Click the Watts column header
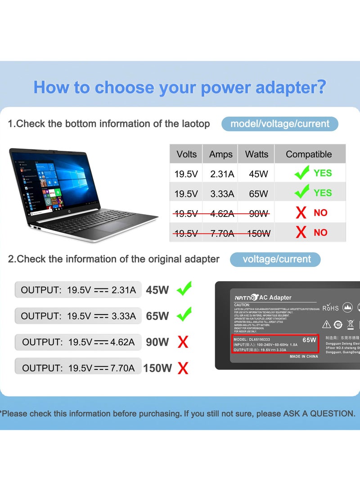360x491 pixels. [x=256, y=154]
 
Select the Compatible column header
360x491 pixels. [x=309, y=154]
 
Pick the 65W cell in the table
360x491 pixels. [x=258, y=194]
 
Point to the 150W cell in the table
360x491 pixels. [x=258, y=233]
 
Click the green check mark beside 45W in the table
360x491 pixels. [x=301, y=172]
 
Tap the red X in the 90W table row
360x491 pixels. [x=301, y=213]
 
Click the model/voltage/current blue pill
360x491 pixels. [x=279, y=124]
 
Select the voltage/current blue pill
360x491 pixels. [x=275, y=259]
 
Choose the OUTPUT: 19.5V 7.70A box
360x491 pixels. [x=78, y=368]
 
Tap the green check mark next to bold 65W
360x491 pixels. [x=184, y=315]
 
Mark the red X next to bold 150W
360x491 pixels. [x=183, y=369]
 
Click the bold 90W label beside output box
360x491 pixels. [x=157, y=342]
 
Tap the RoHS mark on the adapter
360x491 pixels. [x=330, y=308]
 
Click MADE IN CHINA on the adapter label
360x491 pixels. [x=303, y=356]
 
